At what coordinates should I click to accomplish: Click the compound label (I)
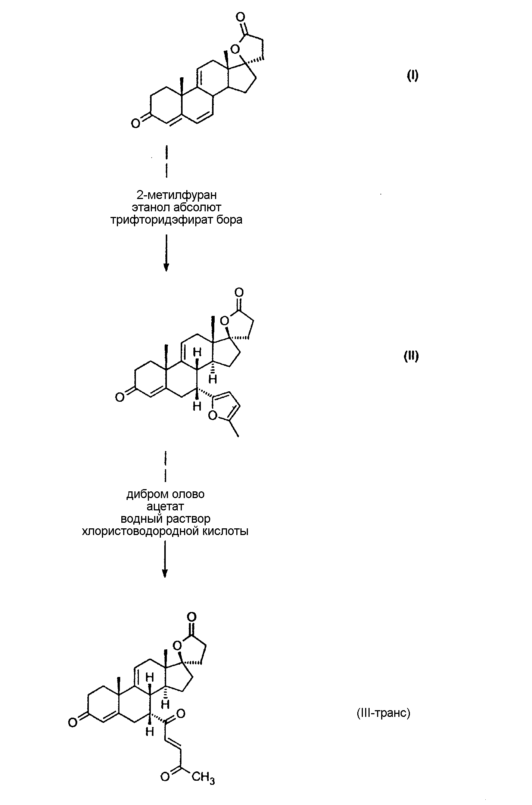click(412, 76)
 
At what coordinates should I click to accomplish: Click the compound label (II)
click(411, 356)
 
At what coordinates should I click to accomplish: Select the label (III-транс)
click(383, 713)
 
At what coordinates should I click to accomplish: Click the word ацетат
click(165, 507)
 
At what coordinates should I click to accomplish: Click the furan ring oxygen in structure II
click(213, 415)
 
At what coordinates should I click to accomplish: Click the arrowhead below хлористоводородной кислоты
click(165, 574)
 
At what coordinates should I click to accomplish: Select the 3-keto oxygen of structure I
click(136, 123)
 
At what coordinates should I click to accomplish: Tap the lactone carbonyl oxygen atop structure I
click(240, 17)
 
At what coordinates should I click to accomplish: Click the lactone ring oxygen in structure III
click(178, 645)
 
